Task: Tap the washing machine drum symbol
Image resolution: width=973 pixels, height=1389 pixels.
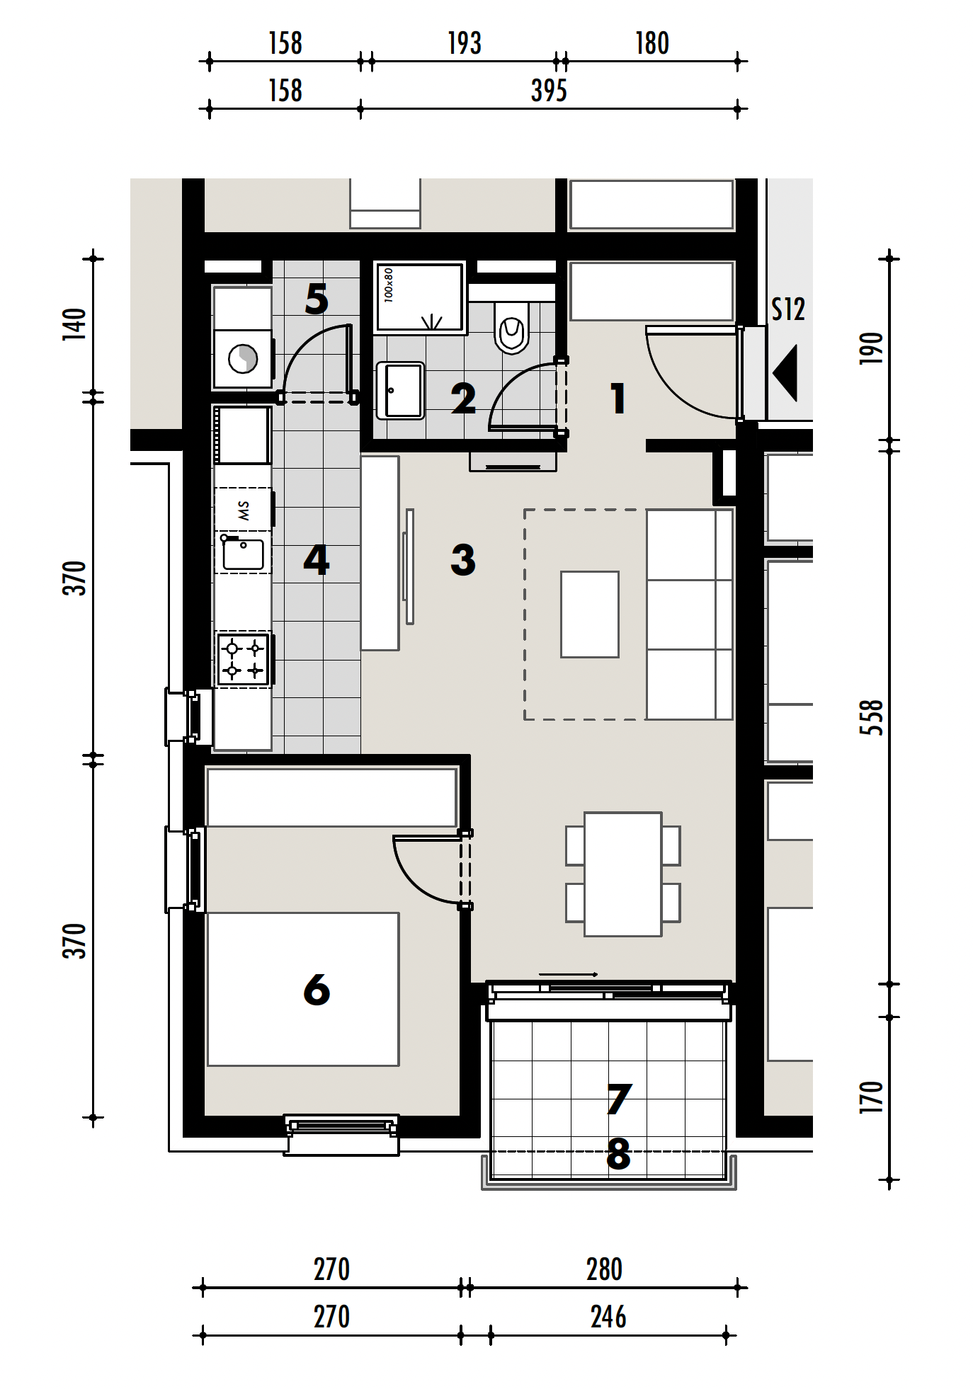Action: [x=243, y=359]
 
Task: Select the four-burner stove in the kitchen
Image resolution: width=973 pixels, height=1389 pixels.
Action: [x=244, y=659]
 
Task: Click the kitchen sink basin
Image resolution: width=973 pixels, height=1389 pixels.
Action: [x=244, y=554]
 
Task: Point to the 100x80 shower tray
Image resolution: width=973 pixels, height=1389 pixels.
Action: [x=419, y=297]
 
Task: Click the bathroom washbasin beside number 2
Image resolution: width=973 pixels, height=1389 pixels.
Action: [x=400, y=391]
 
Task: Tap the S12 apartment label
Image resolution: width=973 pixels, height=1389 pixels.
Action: [x=787, y=309]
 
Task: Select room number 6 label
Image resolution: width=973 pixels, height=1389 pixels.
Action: [x=317, y=989]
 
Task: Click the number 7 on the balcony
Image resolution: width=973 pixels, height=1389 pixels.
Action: [x=618, y=1099]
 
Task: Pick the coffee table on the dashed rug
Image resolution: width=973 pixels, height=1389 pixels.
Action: [x=589, y=615]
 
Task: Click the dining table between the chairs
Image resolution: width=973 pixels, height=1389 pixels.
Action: [x=622, y=874]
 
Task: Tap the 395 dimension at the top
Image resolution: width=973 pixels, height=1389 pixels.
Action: [x=549, y=91]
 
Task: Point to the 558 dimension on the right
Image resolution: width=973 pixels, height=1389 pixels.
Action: [x=872, y=717]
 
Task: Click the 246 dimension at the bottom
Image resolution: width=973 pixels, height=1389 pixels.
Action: [x=608, y=1317]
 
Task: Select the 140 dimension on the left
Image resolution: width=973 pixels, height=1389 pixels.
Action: [x=74, y=324]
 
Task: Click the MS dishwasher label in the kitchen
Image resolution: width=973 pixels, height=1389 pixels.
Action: [x=244, y=510]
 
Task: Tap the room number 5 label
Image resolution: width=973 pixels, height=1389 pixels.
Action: [x=317, y=299]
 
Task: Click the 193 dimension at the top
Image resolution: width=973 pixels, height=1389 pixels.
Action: [x=465, y=44]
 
